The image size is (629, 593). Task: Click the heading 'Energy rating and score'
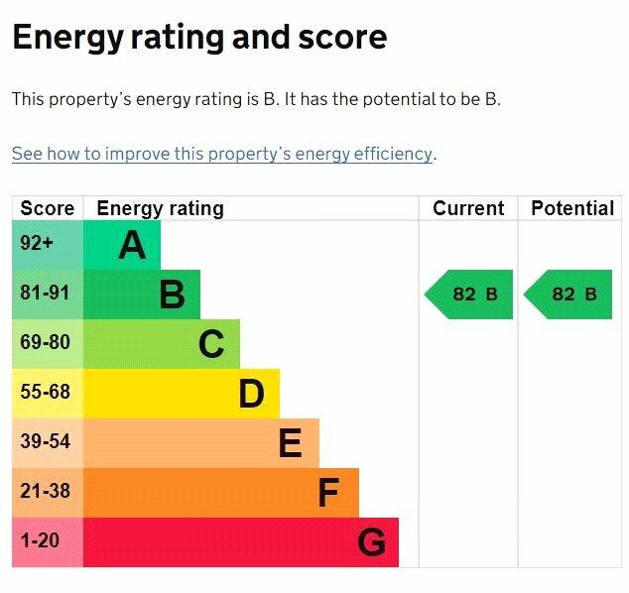tap(198, 38)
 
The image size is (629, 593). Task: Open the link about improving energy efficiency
tap(222, 154)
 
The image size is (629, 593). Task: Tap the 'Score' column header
tap(47, 208)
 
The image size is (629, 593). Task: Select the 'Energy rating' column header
tap(160, 208)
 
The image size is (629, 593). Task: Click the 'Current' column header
tap(468, 208)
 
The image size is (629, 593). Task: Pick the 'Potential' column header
tap(572, 208)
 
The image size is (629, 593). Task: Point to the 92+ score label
tap(37, 244)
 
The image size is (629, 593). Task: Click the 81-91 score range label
tap(46, 294)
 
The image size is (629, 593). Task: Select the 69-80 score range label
tap(46, 343)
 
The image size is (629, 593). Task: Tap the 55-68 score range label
tap(46, 393)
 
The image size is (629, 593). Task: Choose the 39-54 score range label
tap(46, 442)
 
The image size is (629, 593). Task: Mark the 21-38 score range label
tap(46, 492)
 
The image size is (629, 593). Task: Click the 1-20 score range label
tap(41, 541)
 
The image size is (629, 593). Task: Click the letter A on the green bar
tap(132, 245)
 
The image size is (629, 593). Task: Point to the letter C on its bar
tap(211, 344)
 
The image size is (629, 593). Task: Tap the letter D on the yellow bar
tap(251, 394)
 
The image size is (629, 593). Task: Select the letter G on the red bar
tap(371, 542)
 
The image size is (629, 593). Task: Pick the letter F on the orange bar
tap(328, 493)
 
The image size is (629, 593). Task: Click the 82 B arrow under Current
tap(469, 295)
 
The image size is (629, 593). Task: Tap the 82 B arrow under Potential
tap(568, 295)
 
